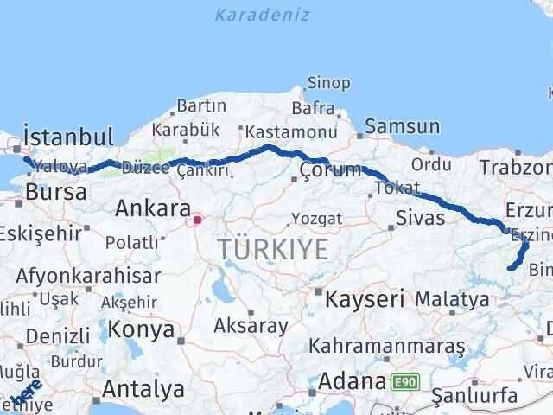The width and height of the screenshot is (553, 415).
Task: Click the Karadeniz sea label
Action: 261,15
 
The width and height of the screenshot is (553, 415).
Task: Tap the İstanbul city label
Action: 68,137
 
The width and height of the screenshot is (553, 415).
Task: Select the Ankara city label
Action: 152,208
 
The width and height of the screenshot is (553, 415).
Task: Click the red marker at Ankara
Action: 197,220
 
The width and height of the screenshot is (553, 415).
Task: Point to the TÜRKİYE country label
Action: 273,250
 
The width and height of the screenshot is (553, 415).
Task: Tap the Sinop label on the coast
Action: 328,84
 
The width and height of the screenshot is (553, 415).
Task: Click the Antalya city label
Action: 143,388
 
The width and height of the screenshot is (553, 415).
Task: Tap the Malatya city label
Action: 451,299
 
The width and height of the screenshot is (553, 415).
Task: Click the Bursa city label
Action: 55,192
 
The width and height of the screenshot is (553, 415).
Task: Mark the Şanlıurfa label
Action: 474,395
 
